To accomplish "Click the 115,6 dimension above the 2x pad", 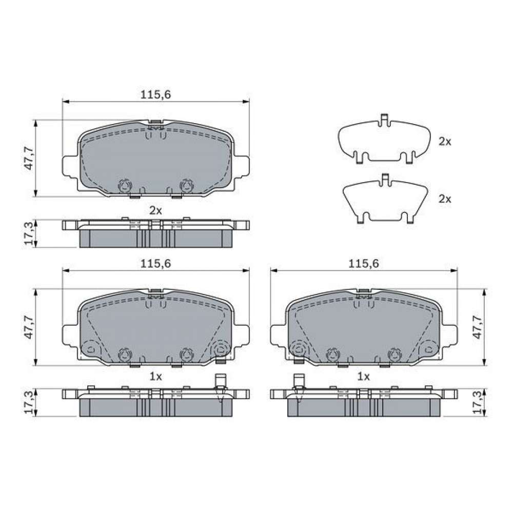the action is click(x=156, y=94).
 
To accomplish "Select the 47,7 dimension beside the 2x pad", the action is click(x=29, y=159).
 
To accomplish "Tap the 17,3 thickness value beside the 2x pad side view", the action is click(x=29, y=233).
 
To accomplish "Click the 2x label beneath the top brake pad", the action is click(x=156, y=210).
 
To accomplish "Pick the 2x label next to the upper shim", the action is click(x=445, y=142).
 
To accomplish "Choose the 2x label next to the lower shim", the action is click(x=445, y=199).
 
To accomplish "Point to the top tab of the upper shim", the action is click(x=384, y=120).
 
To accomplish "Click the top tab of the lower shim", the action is click(x=385, y=179).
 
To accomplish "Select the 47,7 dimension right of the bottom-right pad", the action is click(x=478, y=327).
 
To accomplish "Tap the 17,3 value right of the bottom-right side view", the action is click(x=478, y=402).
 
